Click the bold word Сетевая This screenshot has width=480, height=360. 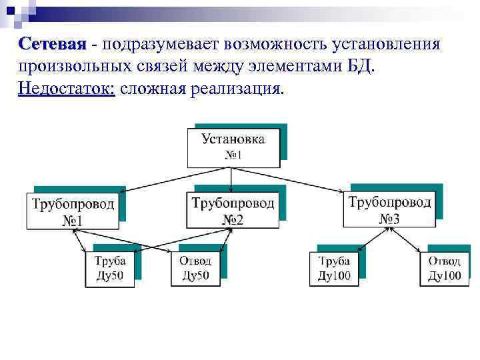click(53, 44)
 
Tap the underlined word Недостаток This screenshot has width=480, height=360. click(67, 89)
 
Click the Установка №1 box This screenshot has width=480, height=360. click(233, 147)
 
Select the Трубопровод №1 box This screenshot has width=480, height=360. click(73, 211)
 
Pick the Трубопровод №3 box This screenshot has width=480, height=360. click(389, 209)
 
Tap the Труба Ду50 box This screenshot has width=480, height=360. click(109, 269)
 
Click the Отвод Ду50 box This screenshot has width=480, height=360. click(195, 269)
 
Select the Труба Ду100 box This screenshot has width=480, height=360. click(334, 269)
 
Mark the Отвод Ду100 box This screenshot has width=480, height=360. click(443, 269)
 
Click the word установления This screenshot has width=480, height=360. click(383, 45)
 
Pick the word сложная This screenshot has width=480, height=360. click(150, 89)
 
